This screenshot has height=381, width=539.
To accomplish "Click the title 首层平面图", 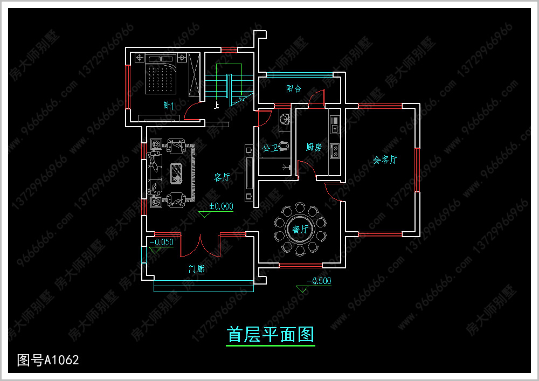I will [x=271, y=335].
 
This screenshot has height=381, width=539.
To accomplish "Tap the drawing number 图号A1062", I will [x=48, y=359].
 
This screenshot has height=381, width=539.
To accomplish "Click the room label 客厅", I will [x=222, y=177].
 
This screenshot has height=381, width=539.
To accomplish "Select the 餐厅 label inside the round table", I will [x=300, y=230].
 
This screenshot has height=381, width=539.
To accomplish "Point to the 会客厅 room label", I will [x=385, y=160].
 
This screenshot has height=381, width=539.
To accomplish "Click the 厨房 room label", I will [x=314, y=147].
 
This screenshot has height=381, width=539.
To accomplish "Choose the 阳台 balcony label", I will [x=294, y=88].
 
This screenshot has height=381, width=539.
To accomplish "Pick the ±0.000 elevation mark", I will [x=221, y=206].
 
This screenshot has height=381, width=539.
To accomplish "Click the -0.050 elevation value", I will [x=162, y=242].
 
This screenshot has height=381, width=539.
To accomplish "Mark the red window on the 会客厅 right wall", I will [x=417, y=170].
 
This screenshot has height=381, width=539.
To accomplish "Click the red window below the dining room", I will [x=300, y=265].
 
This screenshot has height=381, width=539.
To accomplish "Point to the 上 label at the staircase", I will [x=217, y=106].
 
